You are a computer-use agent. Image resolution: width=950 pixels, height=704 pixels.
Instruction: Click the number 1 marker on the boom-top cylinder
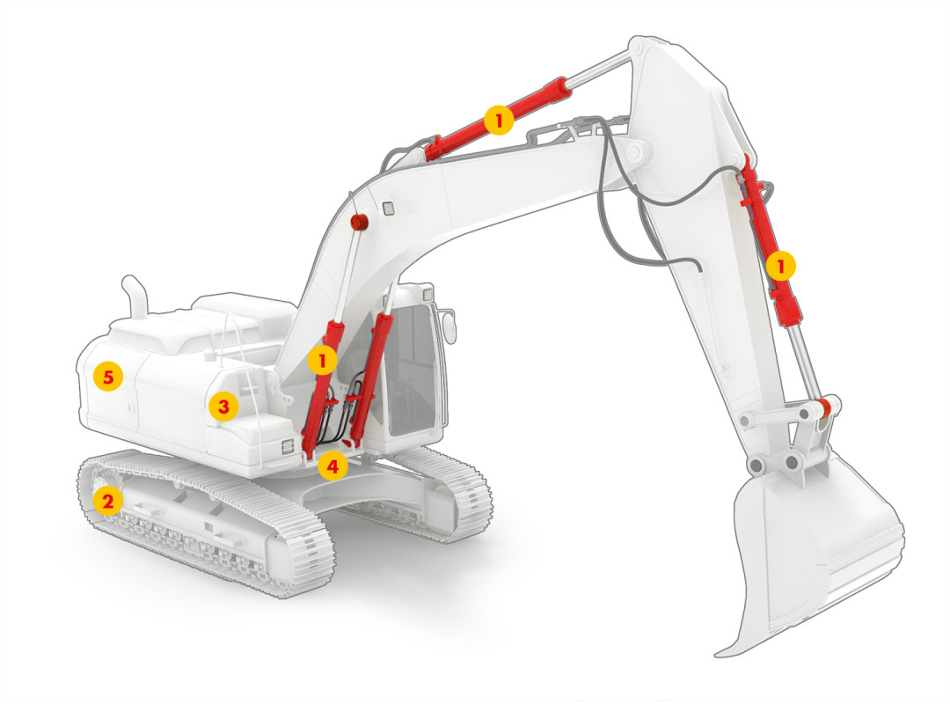499,120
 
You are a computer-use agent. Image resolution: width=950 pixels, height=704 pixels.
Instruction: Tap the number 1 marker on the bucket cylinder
780,266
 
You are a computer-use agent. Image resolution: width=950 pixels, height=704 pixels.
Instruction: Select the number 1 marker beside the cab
322,360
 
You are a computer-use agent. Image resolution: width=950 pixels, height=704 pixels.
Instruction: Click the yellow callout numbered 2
108,501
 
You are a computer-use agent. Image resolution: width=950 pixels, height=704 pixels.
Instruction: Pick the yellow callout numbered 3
223,406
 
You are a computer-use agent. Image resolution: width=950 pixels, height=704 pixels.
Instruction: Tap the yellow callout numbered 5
108,377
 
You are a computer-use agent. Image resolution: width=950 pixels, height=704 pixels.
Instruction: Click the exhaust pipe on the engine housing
136,297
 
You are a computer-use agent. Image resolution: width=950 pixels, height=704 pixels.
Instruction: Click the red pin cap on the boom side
360,222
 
